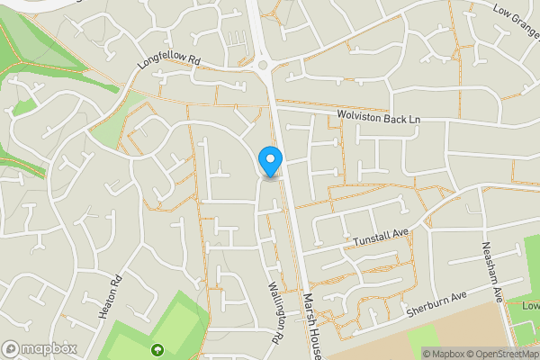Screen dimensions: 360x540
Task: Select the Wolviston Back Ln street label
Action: (378, 117)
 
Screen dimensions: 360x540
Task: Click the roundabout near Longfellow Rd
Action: (265, 65)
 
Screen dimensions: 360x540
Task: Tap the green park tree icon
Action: (158, 351)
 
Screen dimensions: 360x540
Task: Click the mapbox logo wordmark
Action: (49, 348)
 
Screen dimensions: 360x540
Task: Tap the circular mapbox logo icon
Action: (11, 348)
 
